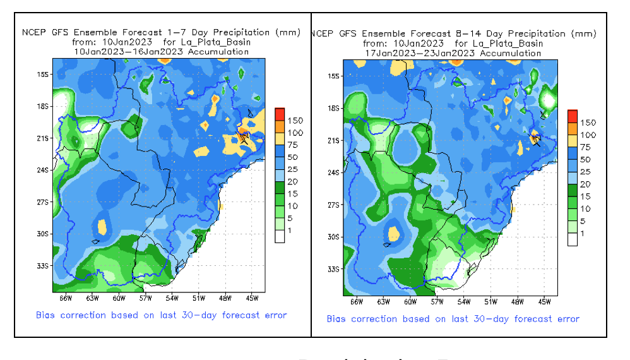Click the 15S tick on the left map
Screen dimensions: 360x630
pyautogui.click(x=43, y=75)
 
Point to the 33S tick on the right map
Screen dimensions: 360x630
pyautogui.click(x=334, y=269)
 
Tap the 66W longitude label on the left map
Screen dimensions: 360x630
pyautogui.click(x=64, y=298)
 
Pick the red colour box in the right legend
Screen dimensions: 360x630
pyautogui.click(x=572, y=116)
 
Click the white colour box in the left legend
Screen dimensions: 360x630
pyautogui.click(x=280, y=237)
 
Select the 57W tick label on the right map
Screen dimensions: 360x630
pyautogui.click(x=437, y=302)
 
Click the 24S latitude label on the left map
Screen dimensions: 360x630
pyautogui.click(x=43, y=171)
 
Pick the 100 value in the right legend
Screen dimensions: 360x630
pyautogui.click(x=588, y=135)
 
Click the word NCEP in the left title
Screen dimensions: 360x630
pyautogui.click(x=33, y=32)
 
